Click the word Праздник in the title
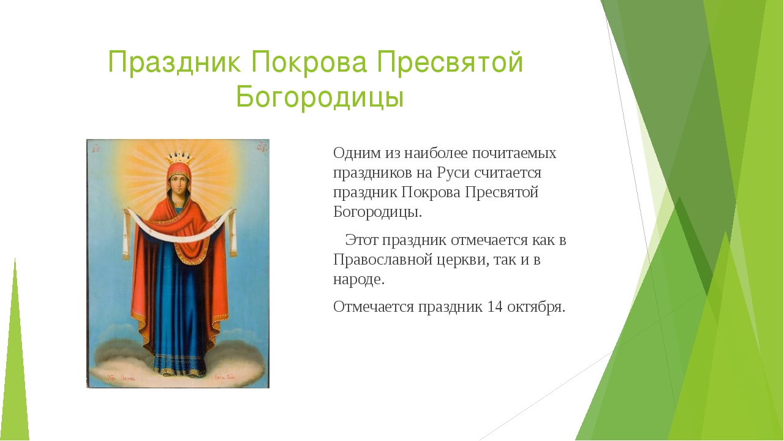point(175,62)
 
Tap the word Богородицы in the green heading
point(320,96)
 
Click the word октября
point(536,307)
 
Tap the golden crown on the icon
point(179,159)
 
